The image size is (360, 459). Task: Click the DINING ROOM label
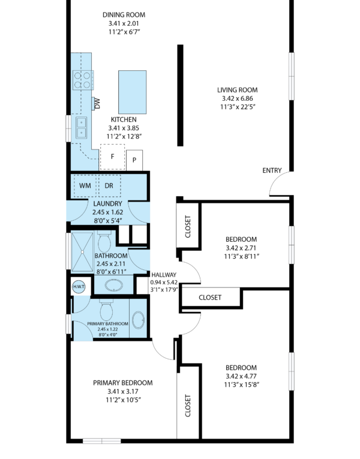[124, 14]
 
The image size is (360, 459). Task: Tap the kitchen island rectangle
[132, 92]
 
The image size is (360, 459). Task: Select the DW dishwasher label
[97, 103]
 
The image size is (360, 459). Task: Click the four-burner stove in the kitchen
[83, 80]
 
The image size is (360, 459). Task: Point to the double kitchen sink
[82, 127]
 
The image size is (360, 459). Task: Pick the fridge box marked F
[112, 157]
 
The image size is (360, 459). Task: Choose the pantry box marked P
[134, 160]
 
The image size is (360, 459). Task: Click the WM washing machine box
[85, 185]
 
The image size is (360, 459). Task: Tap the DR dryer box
[109, 185]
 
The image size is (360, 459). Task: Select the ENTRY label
[272, 170]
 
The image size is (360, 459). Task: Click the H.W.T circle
[79, 287]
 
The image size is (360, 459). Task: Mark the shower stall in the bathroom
[82, 252]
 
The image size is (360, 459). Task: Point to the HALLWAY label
[164, 275]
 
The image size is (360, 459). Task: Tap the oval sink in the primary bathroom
[138, 319]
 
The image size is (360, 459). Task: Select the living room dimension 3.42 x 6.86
[238, 98]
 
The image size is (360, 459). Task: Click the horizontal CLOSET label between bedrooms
[210, 298]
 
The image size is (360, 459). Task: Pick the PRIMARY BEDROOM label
[123, 383]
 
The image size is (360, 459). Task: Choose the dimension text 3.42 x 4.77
[241, 376]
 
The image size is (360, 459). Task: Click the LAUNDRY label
[108, 204]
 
